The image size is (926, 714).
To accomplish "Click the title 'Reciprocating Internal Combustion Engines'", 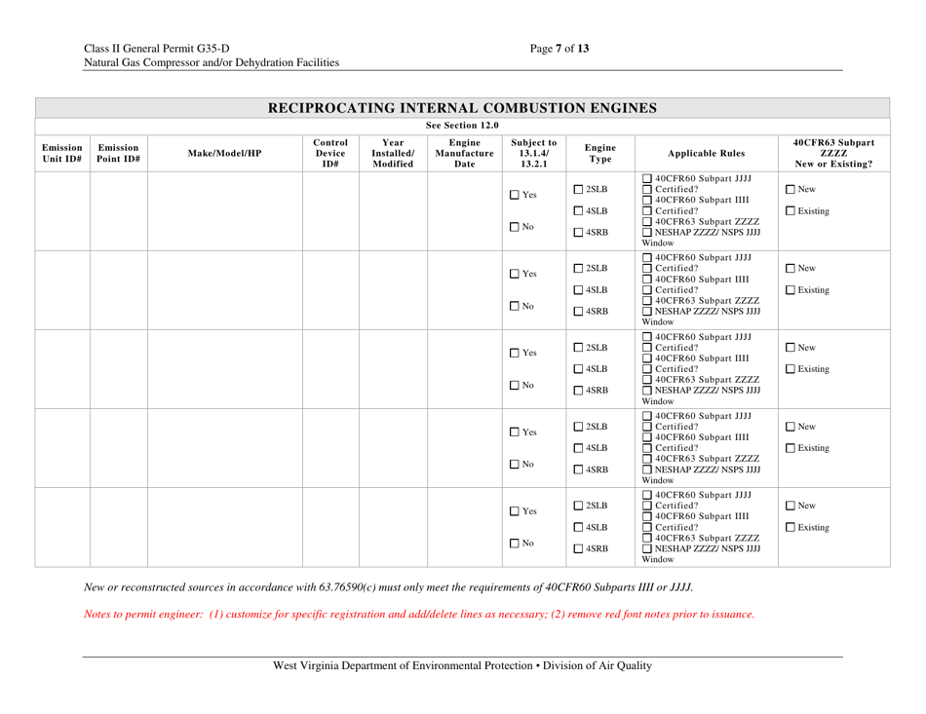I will pyautogui.click(x=462, y=106).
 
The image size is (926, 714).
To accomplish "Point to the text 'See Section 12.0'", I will pyautogui.click(x=462, y=125).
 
